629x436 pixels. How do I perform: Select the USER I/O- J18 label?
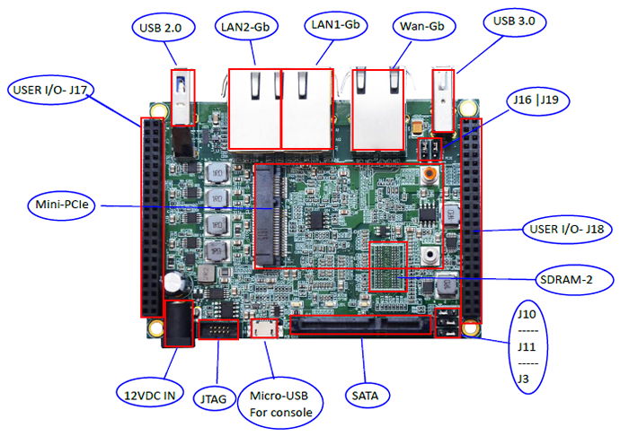click(x=564, y=231)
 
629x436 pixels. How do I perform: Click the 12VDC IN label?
click(x=150, y=392)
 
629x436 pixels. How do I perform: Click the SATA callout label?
click(x=367, y=393)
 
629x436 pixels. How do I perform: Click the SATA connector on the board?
click(x=363, y=324)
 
